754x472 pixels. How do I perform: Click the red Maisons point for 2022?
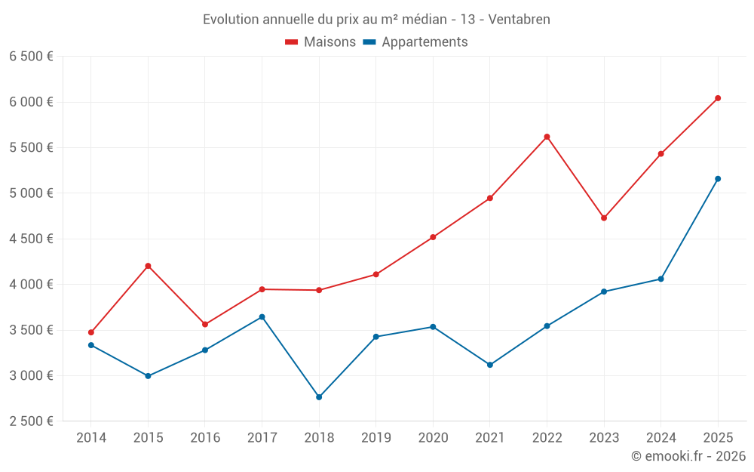pos(547,137)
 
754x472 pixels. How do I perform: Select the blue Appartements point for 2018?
pos(319,397)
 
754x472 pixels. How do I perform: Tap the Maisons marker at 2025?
pos(718,98)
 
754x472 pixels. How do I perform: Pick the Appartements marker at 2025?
pos(718,179)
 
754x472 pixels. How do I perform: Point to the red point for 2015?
pos(148,266)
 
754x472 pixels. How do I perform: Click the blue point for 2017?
pos(262,317)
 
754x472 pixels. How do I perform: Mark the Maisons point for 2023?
pos(604,218)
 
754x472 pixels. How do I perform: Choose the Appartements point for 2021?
pos(490,365)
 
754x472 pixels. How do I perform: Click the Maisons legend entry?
pos(320,42)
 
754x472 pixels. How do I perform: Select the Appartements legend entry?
pos(415,42)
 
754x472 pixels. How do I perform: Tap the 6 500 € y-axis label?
pos(31,57)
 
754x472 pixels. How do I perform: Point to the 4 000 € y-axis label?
pos(31,285)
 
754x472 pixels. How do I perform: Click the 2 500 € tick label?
pos(31,421)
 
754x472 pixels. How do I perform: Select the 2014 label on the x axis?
pos(91,438)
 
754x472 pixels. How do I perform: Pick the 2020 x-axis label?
pos(433,438)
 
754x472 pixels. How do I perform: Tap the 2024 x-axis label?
pos(661,438)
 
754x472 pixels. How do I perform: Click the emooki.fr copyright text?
pos(688,456)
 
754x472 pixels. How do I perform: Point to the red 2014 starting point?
pos(91,332)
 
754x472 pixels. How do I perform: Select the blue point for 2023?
pos(604,292)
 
